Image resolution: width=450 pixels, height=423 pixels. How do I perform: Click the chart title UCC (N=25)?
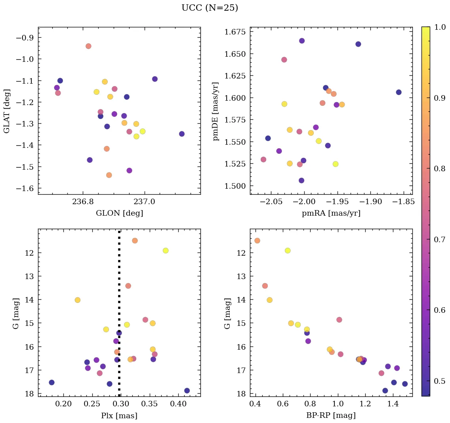click(x=210, y=8)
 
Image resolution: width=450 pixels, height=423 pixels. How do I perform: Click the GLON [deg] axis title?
click(x=119, y=213)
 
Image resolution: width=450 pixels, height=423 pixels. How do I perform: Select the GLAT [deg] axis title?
click(x=7, y=111)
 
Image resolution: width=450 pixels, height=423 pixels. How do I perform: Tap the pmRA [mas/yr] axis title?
click(x=331, y=213)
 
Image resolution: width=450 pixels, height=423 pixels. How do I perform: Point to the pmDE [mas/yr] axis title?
click(x=216, y=111)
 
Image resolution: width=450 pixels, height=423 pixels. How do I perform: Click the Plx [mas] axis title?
click(x=119, y=415)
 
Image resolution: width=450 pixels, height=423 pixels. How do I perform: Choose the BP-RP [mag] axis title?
click(x=331, y=415)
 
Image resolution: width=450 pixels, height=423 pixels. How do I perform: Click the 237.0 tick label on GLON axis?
click(x=144, y=201)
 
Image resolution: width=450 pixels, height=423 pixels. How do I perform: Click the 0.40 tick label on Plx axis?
click(x=178, y=404)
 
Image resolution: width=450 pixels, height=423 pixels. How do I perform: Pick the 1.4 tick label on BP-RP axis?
click(x=393, y=404)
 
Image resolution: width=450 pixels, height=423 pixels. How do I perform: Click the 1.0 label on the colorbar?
click(x=440, y=27)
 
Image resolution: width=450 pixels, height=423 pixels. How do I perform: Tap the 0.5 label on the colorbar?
click(x=440, y=381)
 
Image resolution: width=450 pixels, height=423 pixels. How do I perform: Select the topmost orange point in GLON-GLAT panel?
click(x=88, y=46)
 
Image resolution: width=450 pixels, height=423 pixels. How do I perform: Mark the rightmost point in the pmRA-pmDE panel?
click(x=399, y=92)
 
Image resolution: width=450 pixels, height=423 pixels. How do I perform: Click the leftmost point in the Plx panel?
click(x=51, y=383)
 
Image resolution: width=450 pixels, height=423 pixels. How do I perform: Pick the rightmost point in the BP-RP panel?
click(x=405, y=384)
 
